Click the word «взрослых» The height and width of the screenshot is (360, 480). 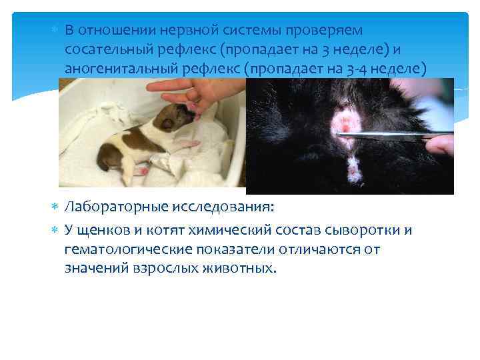point(168,268)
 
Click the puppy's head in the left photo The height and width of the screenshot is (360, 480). point(177,119)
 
